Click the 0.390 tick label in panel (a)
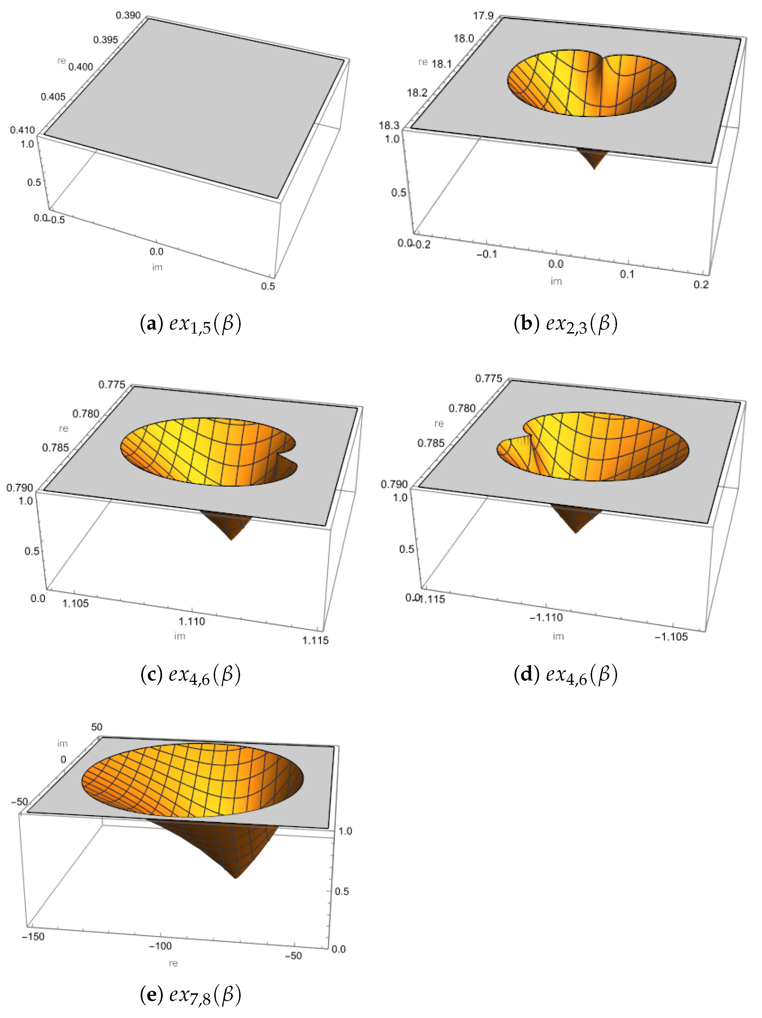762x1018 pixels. tap(128, 16)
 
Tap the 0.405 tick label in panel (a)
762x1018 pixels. tap(53, 97)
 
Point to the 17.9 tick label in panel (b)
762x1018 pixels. tap(483, 16)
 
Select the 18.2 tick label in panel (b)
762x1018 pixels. tap(417, 93)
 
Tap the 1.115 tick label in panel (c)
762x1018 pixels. tap(315, 640)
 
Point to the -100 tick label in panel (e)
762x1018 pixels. tap(160, 946)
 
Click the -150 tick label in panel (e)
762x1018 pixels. tap(33, 937)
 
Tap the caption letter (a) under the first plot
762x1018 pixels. tap(151, 324)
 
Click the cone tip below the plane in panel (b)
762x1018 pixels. tap(594, 169)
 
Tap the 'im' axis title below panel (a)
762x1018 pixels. tap(157, 267)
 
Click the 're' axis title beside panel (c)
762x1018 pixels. tap(64, 428)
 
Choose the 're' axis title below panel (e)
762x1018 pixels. tap(173, 963)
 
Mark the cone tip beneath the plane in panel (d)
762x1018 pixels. tap(576, 532)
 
